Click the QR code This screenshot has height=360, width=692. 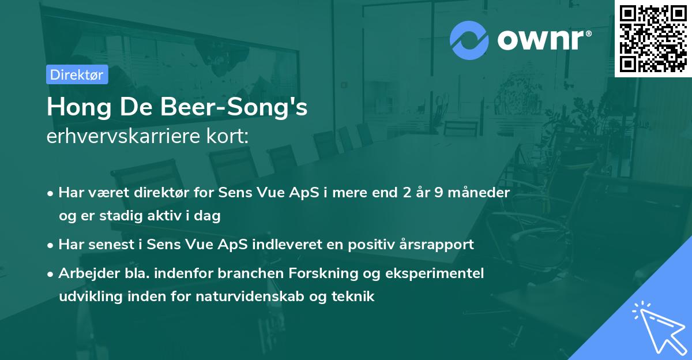pyautogui.click(x=653, y=38)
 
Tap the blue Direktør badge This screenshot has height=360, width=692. pyautogui.click(x=77, y=74)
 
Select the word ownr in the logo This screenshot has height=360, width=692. pyautogui.click(x=542, y=40)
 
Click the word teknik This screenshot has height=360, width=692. pyautogui.click(x=354, y=297)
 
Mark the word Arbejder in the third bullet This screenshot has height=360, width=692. pyautogui.click(x=84, y=273)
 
